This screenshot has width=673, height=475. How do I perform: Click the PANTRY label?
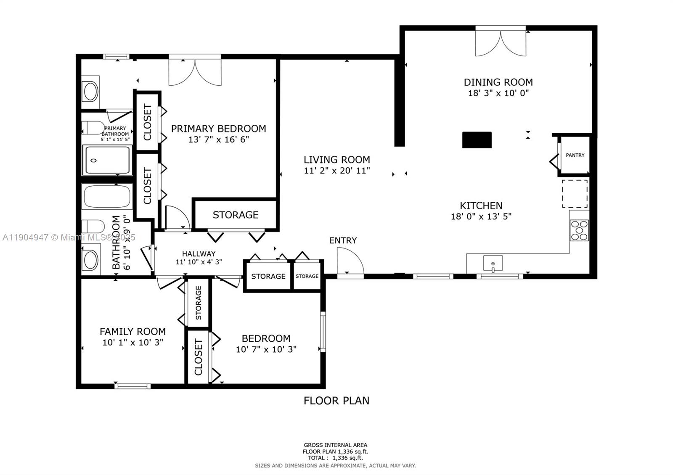coord(575,155)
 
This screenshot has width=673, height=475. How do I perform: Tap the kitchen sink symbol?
coord(493,264)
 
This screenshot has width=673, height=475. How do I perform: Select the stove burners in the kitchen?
coord(579,230)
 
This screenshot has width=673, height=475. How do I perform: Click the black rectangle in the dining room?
coord(477,140)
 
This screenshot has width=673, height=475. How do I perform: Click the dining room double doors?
coord(501,42)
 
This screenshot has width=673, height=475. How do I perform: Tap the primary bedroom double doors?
coord(195,71)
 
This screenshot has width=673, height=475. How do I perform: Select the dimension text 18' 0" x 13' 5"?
coord(481,216)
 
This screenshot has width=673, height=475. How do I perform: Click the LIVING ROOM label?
coord(337,160)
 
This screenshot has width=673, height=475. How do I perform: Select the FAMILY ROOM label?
coord(132,331)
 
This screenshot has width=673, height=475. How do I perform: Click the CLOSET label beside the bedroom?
coord(199,357)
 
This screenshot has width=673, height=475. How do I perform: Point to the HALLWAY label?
coord(199,253)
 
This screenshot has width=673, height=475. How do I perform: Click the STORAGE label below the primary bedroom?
coord(235,215)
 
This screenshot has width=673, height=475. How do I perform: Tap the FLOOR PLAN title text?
coord(336,401)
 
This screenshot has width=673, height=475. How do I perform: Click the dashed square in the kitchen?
coord(575,193)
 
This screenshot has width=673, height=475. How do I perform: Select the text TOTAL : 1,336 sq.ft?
coord(335,458)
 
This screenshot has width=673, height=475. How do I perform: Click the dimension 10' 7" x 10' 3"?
coord(266,349)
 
